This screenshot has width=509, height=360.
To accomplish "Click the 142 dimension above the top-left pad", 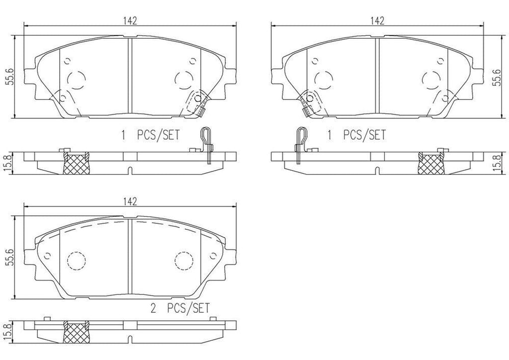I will pyautogui.click(x=130, y=20).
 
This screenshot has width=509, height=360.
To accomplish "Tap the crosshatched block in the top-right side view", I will pyautogui.click(x=431, y=164).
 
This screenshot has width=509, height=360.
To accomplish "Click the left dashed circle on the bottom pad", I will pyautogui.click(x=76, y=260).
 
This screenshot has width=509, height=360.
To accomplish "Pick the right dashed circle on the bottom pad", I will pyautogui.click(x=184, y=260).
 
